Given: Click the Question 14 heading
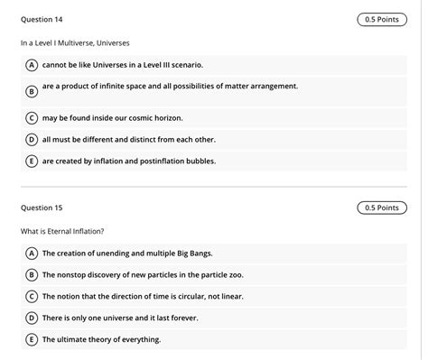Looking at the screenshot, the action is click(x=42, y=19).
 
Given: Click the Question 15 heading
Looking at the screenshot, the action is click(x=42, y=208).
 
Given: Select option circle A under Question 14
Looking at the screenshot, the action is click(x=32, y=65).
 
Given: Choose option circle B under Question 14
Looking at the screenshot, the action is click(x=32, y=91).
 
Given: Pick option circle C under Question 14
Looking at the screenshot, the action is click(x=32, y=117).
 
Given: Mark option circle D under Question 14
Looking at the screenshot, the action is click(x=32, y=139).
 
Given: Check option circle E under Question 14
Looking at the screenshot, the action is click(x=32, y=161).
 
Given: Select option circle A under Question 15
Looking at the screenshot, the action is click(x=32, y=253).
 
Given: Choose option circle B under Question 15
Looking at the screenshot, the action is click(x=32, y=274).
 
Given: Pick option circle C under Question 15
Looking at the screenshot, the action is click(x=32, y=296).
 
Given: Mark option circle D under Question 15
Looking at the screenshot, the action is click(x=32, y=318).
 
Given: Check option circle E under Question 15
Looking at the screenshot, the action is click(x=32, y=339).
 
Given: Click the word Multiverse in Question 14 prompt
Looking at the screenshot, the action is click(x=82, y=42).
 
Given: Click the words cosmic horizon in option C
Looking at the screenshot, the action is click(x=158, y=117).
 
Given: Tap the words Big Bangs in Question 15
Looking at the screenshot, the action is click(x=192, y=253).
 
